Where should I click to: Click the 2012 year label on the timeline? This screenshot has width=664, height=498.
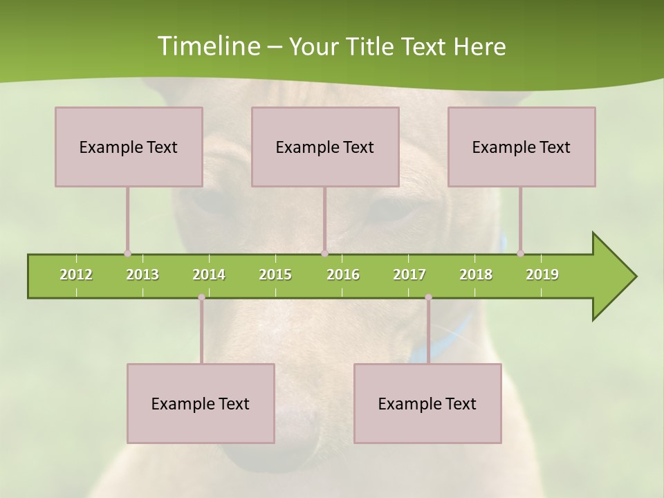pos(76,275)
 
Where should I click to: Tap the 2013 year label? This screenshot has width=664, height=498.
pos(142,275)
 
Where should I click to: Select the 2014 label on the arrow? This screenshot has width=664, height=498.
pos(209,275)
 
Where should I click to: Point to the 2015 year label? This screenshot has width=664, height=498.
pos(275,275)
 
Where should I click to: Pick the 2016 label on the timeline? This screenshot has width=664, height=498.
pos(343,275)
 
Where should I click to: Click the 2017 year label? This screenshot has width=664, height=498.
pos(409,275)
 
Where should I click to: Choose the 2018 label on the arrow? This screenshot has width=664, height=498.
pos(476,275)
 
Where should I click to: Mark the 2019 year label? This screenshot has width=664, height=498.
pos(542,275)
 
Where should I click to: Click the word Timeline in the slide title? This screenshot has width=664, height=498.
pos(207,46)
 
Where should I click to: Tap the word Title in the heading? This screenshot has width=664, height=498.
pos(371,46)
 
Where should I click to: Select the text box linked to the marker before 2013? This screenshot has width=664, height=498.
pos(129,147)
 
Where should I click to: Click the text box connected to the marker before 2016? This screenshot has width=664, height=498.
pos(325,147)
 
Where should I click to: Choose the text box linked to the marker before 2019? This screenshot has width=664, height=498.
pos(522,147)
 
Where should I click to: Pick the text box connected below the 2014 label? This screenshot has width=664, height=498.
pos(201,403)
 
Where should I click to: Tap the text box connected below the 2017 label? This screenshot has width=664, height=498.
pos(427,403)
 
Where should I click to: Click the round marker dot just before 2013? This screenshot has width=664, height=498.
pos(127,253)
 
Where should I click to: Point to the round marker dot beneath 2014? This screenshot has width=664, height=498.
pos(201,297)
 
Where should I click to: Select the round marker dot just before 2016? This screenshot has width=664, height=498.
pos(324,253)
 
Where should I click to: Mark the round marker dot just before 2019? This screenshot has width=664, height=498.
pos(520,253)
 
